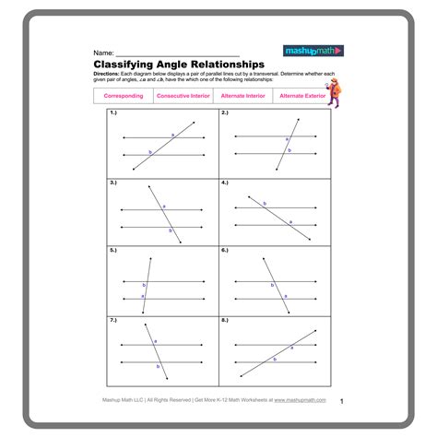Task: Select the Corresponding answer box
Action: click(x=123, y=96)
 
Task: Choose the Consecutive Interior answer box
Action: click(x=183, y=96)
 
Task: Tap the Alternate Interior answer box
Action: click(x=243, y=96)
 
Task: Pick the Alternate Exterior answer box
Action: click(x=303, y=96)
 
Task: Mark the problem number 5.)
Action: click(x=113, y=250)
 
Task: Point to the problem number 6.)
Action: click(x=225, y=250)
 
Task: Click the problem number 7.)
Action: click(x=113, y=319)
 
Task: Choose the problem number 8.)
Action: click(x=225, y=319)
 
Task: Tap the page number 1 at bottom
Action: click(x=341, y=401)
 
